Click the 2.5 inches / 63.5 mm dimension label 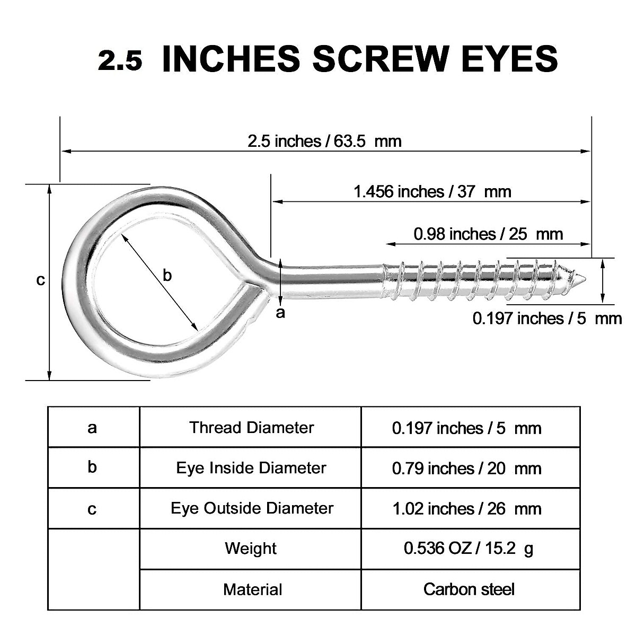324,141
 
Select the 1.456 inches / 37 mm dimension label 432,191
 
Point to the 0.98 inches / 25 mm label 488,234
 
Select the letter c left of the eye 40,280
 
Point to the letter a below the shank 281,313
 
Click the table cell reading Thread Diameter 251,427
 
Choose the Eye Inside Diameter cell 251,468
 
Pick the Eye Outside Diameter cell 251,508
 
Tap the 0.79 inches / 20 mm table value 466,468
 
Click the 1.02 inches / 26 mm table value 466,509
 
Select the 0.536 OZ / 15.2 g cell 469,549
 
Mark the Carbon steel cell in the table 469,589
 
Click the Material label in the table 252,589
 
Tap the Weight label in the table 251,548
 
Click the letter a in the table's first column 93,427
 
